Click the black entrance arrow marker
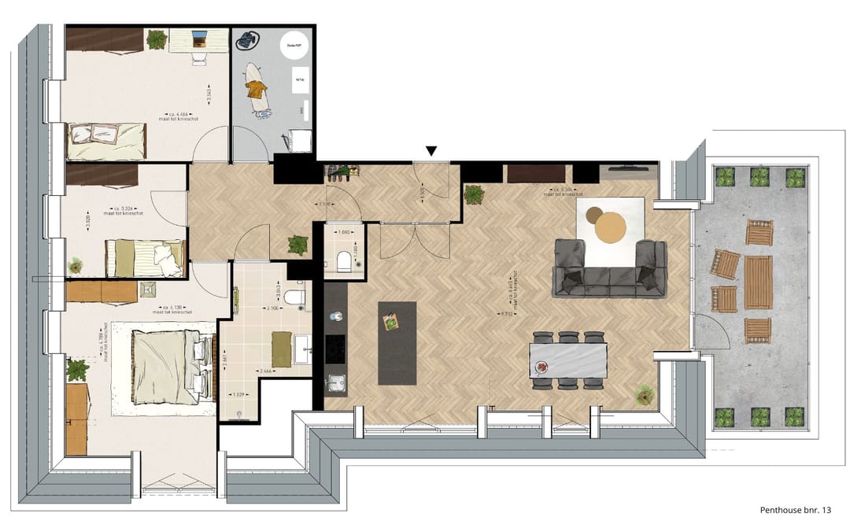click(x=431, y=150)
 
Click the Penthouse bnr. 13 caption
click(x=795, y=510)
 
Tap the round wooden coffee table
click(x=611, y=228)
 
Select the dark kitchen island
click(x=397, y=343)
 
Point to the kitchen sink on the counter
click(x=336, y=383)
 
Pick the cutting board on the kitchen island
click(x=391, y=321)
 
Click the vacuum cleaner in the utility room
click(x=251, y=40)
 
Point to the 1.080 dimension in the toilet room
click(x=343, y=233)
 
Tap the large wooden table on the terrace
click(x=758, y=282)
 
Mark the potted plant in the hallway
click(x=298, y=246)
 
